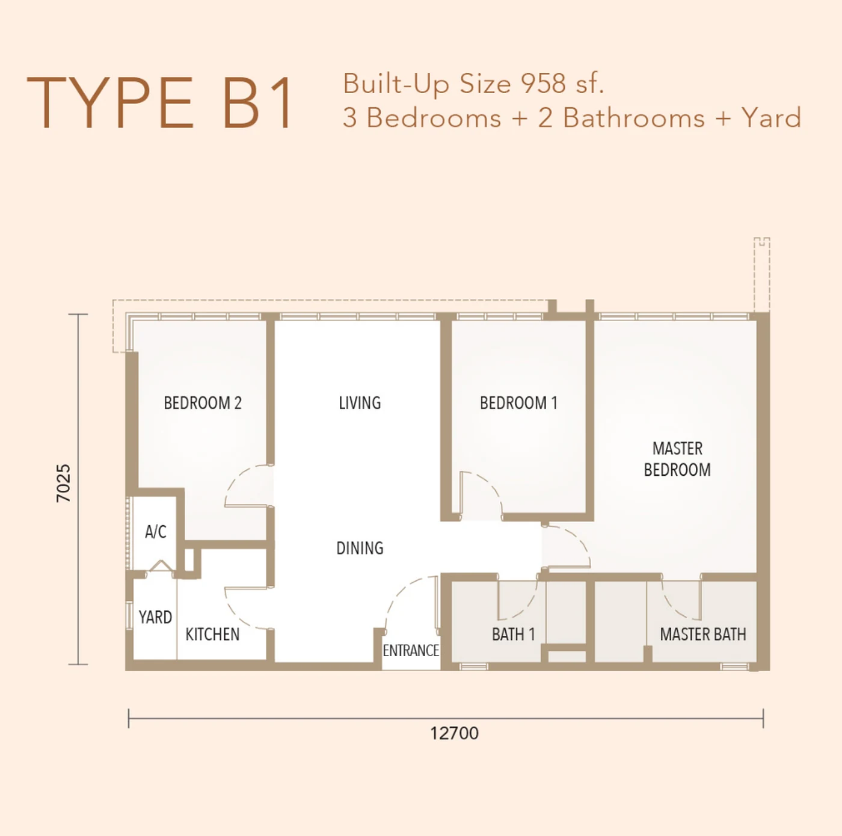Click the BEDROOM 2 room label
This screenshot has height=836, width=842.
click(x=203, y=402)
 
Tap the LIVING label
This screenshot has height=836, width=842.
click(x=360, y=402)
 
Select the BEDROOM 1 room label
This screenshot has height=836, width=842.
click(x=518, y=402)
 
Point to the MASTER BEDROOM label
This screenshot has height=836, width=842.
click(x=677, y=459)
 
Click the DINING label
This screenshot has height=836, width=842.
click(x=360, y=547)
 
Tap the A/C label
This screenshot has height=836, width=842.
click(x=156, y=532)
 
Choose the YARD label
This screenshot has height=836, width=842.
click(x=155, y=617)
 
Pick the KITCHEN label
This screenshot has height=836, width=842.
click(x=212, y=634)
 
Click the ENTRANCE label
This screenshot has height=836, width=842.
click(x=411, y=651)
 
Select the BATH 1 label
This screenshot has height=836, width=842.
click(x=514, y=634)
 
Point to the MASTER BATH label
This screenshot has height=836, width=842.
click(x=703, y=634)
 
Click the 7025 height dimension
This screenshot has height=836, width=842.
click(x=63, y=483)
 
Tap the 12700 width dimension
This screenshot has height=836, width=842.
click(x=455, y=733)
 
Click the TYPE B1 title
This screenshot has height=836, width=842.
click(x=160, y=103)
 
